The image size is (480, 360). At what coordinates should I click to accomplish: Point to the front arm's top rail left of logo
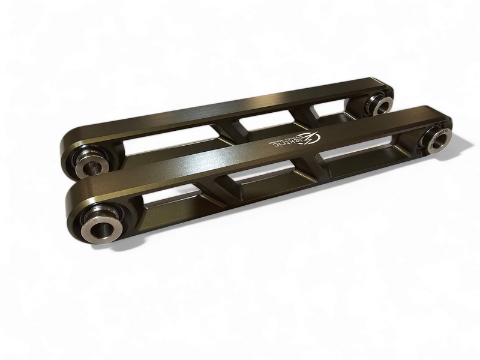pyautogui.click(x=198, y=168)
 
